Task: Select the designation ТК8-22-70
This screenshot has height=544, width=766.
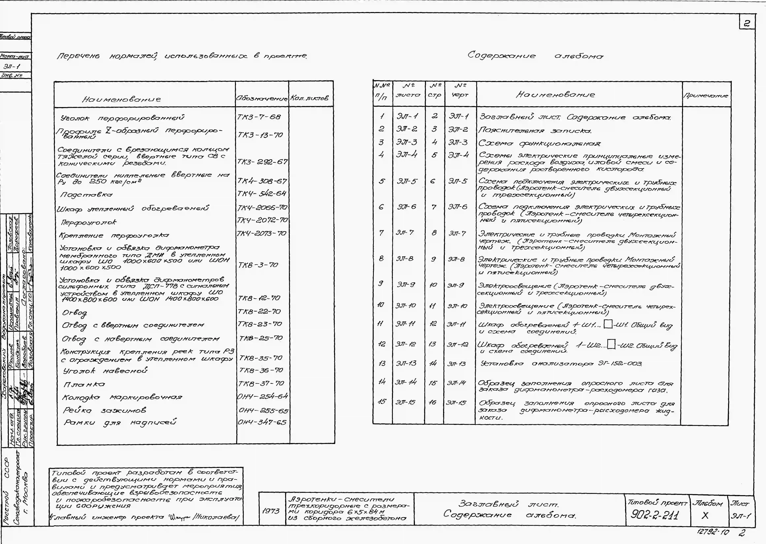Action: [x=259, y=312]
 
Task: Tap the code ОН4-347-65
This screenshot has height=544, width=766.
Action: [x=262, y=422]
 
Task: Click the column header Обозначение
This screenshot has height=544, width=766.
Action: [x=262, y=99]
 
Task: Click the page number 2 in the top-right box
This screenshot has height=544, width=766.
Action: [x=747, y=23]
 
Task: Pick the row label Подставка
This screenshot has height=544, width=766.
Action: [x=86, y=195]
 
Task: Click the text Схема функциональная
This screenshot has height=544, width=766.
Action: [x=539, y=143]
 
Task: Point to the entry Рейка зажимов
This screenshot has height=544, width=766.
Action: [x=104, y=410]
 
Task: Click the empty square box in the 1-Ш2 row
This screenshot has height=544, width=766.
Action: [x=611, y=344]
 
